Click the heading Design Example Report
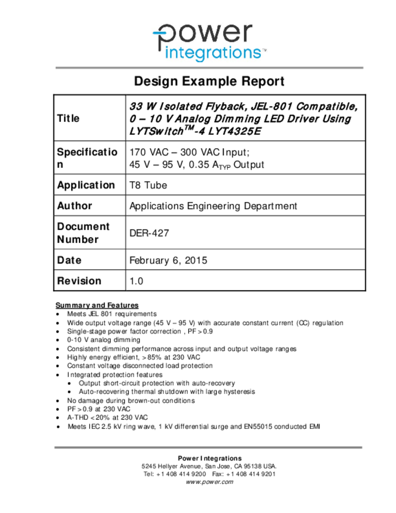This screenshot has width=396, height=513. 209,81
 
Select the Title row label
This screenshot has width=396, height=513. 68,119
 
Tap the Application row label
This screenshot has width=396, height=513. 86,185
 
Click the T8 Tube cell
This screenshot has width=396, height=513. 148,185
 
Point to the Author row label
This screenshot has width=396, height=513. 75,205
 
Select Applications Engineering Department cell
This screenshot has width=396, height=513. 213,206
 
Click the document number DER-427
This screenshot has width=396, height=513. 149,233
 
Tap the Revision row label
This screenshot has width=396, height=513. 79,281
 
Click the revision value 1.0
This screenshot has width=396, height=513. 136,281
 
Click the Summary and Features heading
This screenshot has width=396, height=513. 97,305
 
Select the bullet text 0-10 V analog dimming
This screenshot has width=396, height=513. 104,340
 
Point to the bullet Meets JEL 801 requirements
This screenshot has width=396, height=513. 112,314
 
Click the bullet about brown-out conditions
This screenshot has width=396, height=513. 131,401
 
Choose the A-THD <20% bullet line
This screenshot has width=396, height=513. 107,417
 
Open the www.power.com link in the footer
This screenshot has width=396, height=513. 209,482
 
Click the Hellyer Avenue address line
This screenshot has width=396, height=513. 209,466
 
